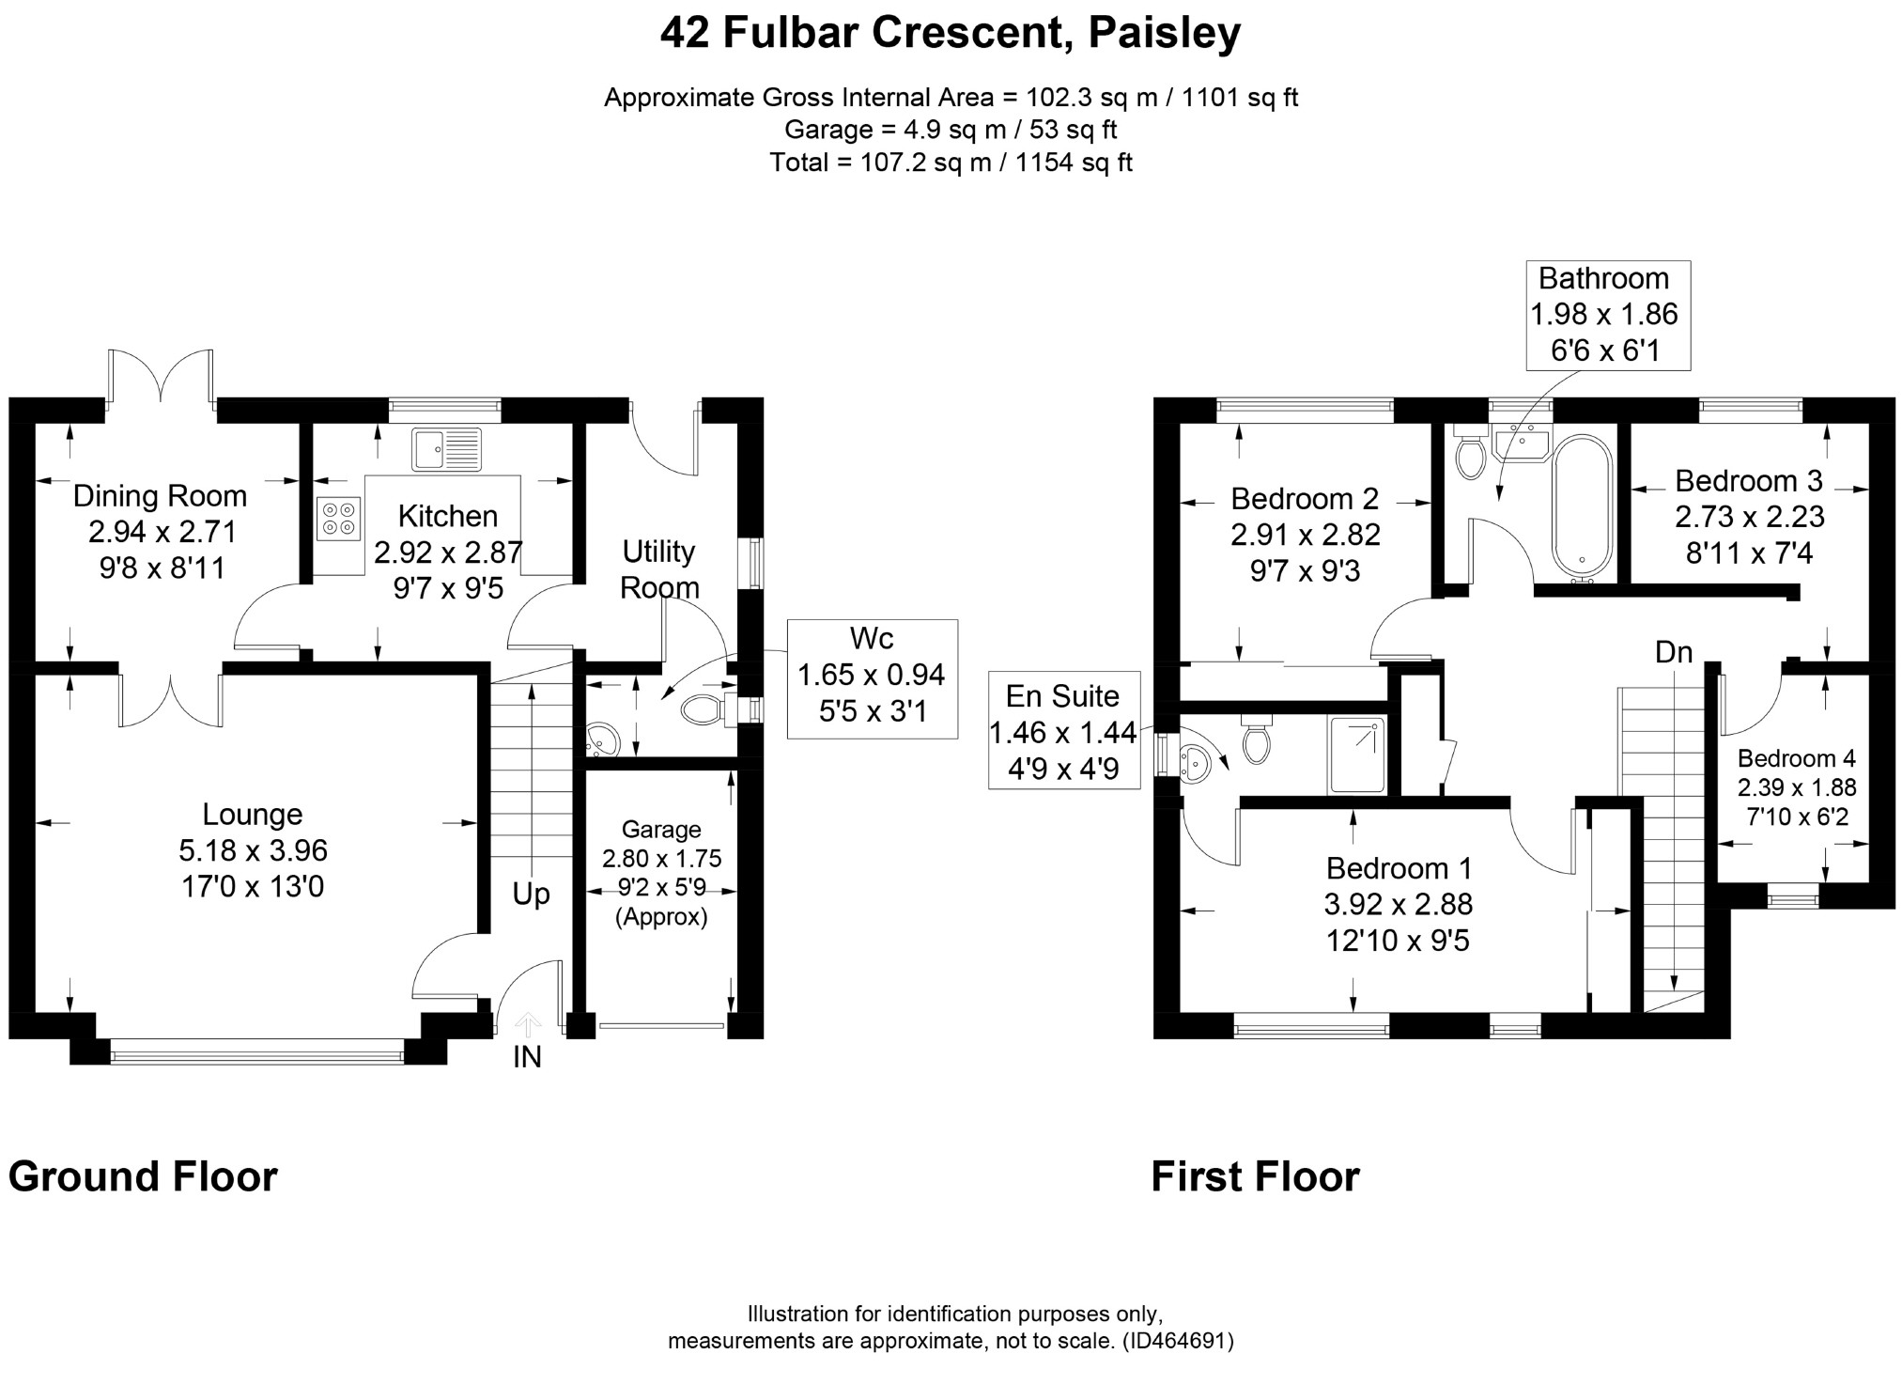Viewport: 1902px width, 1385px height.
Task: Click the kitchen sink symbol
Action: pyautogui.click(x=447, y=448)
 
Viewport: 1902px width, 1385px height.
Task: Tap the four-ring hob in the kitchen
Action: pyautogui.click(x=340, y=518)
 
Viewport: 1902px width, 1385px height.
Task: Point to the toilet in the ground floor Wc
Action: pyautogui.click(x=710, y=710)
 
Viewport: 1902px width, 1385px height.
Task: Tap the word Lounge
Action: pyautogui.click(x=253, y=814)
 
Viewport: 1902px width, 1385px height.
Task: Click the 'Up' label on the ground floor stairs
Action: pyautogui.click(x=531, y=895)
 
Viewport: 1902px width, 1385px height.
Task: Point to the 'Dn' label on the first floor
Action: pyautogui.click(x=1674, y=652)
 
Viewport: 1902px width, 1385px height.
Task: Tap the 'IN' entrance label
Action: pyautogui.click(x=527, y=1058)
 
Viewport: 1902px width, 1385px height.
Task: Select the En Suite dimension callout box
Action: pyautogui.click(x=1064, y=730)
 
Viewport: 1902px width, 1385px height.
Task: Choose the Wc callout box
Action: pyautogui.click(x=872, y=678)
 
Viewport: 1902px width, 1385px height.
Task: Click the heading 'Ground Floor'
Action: pyautogui.click(x=143, y=1177)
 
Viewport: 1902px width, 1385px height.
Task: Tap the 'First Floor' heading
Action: pyautogui.click(x=1255, y=1177)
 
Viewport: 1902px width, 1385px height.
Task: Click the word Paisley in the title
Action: pyautogui.click(x=1165, y=33)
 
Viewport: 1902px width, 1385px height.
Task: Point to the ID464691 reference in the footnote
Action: pyautogui.click(x=1178, y=1341)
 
